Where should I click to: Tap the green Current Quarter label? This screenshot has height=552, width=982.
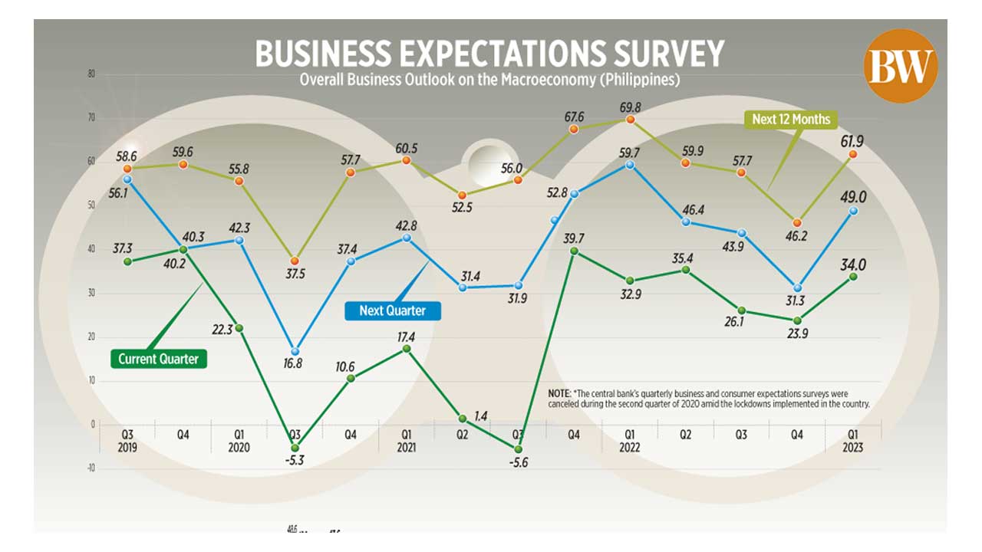click(158, 358)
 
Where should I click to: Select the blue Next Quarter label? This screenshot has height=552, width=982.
click(391, 310)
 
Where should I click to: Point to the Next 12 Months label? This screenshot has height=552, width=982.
click(790, 119)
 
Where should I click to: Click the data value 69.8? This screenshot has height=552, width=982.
click(630, 106)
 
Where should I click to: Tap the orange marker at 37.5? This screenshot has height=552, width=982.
click(295, 261)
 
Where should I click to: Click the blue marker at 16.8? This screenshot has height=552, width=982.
click(295, 351)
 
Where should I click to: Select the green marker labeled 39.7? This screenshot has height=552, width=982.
click(573, 251)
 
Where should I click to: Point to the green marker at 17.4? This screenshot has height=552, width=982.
click(407, 349)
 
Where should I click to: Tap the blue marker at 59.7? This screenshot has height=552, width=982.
click(630, 164)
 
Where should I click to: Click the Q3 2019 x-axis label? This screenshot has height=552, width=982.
click(128, 441)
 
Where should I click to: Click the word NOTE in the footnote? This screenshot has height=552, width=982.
click(560, 393)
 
